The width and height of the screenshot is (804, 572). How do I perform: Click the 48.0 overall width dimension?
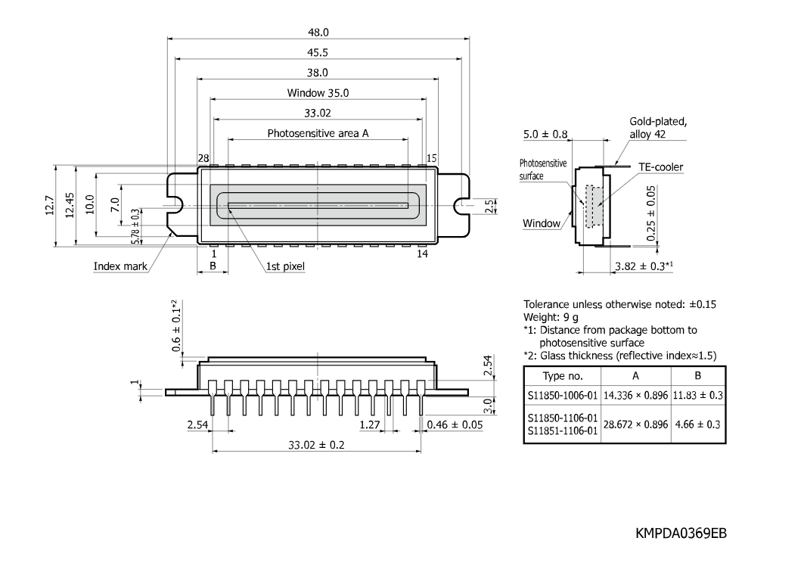pyautogui.click(x=318, y=33)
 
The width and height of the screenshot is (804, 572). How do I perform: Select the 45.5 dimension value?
pyautogui.click(x=318, y=52)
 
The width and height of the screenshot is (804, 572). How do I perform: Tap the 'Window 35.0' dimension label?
pyautogui.click(x=318, y=93)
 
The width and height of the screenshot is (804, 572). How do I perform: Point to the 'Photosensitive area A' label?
pyautogui.click(x=318, y=133)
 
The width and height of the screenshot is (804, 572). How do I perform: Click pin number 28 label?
pyautogui.click(x=203, y=158)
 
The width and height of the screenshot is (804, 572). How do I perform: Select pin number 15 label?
pyautogui.click(x=432, y=158)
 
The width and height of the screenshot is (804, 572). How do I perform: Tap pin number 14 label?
pyautogui.click(x=422, y=253)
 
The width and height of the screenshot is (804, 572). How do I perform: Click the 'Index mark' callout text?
pyautogui.click(x=120, y=266)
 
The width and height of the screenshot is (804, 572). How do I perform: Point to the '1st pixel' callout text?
pyautogui.click(x=285, y=266)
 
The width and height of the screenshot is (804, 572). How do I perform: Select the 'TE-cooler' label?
pyautogui.click(x=660, y=167)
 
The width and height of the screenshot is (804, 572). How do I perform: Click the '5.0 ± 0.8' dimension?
pyautogui.click(x=545, y=135)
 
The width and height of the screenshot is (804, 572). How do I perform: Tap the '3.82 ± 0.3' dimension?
pyautogui.click(x=644, y=266)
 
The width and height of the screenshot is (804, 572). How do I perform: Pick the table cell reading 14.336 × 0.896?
pyautogui.click(x=636, y=396)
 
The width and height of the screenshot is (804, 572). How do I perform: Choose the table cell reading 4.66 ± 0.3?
pyautogui.click(x=698, y=424)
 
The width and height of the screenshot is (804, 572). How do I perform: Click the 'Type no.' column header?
pyautogui.click(x=563, y=376)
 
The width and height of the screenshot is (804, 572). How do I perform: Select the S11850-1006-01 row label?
pyautogui.click(x=563, y=396)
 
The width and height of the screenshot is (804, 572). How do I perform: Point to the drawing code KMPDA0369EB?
pyautogui.click(x=681, y=533)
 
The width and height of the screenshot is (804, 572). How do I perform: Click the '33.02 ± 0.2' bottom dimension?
pyautogui.click(x=316, y=446)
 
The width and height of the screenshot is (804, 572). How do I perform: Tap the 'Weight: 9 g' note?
pyautogui.click(x=551, y=318)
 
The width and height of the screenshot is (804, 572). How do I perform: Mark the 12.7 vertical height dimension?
pyautogui.click(x=50, y=205)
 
